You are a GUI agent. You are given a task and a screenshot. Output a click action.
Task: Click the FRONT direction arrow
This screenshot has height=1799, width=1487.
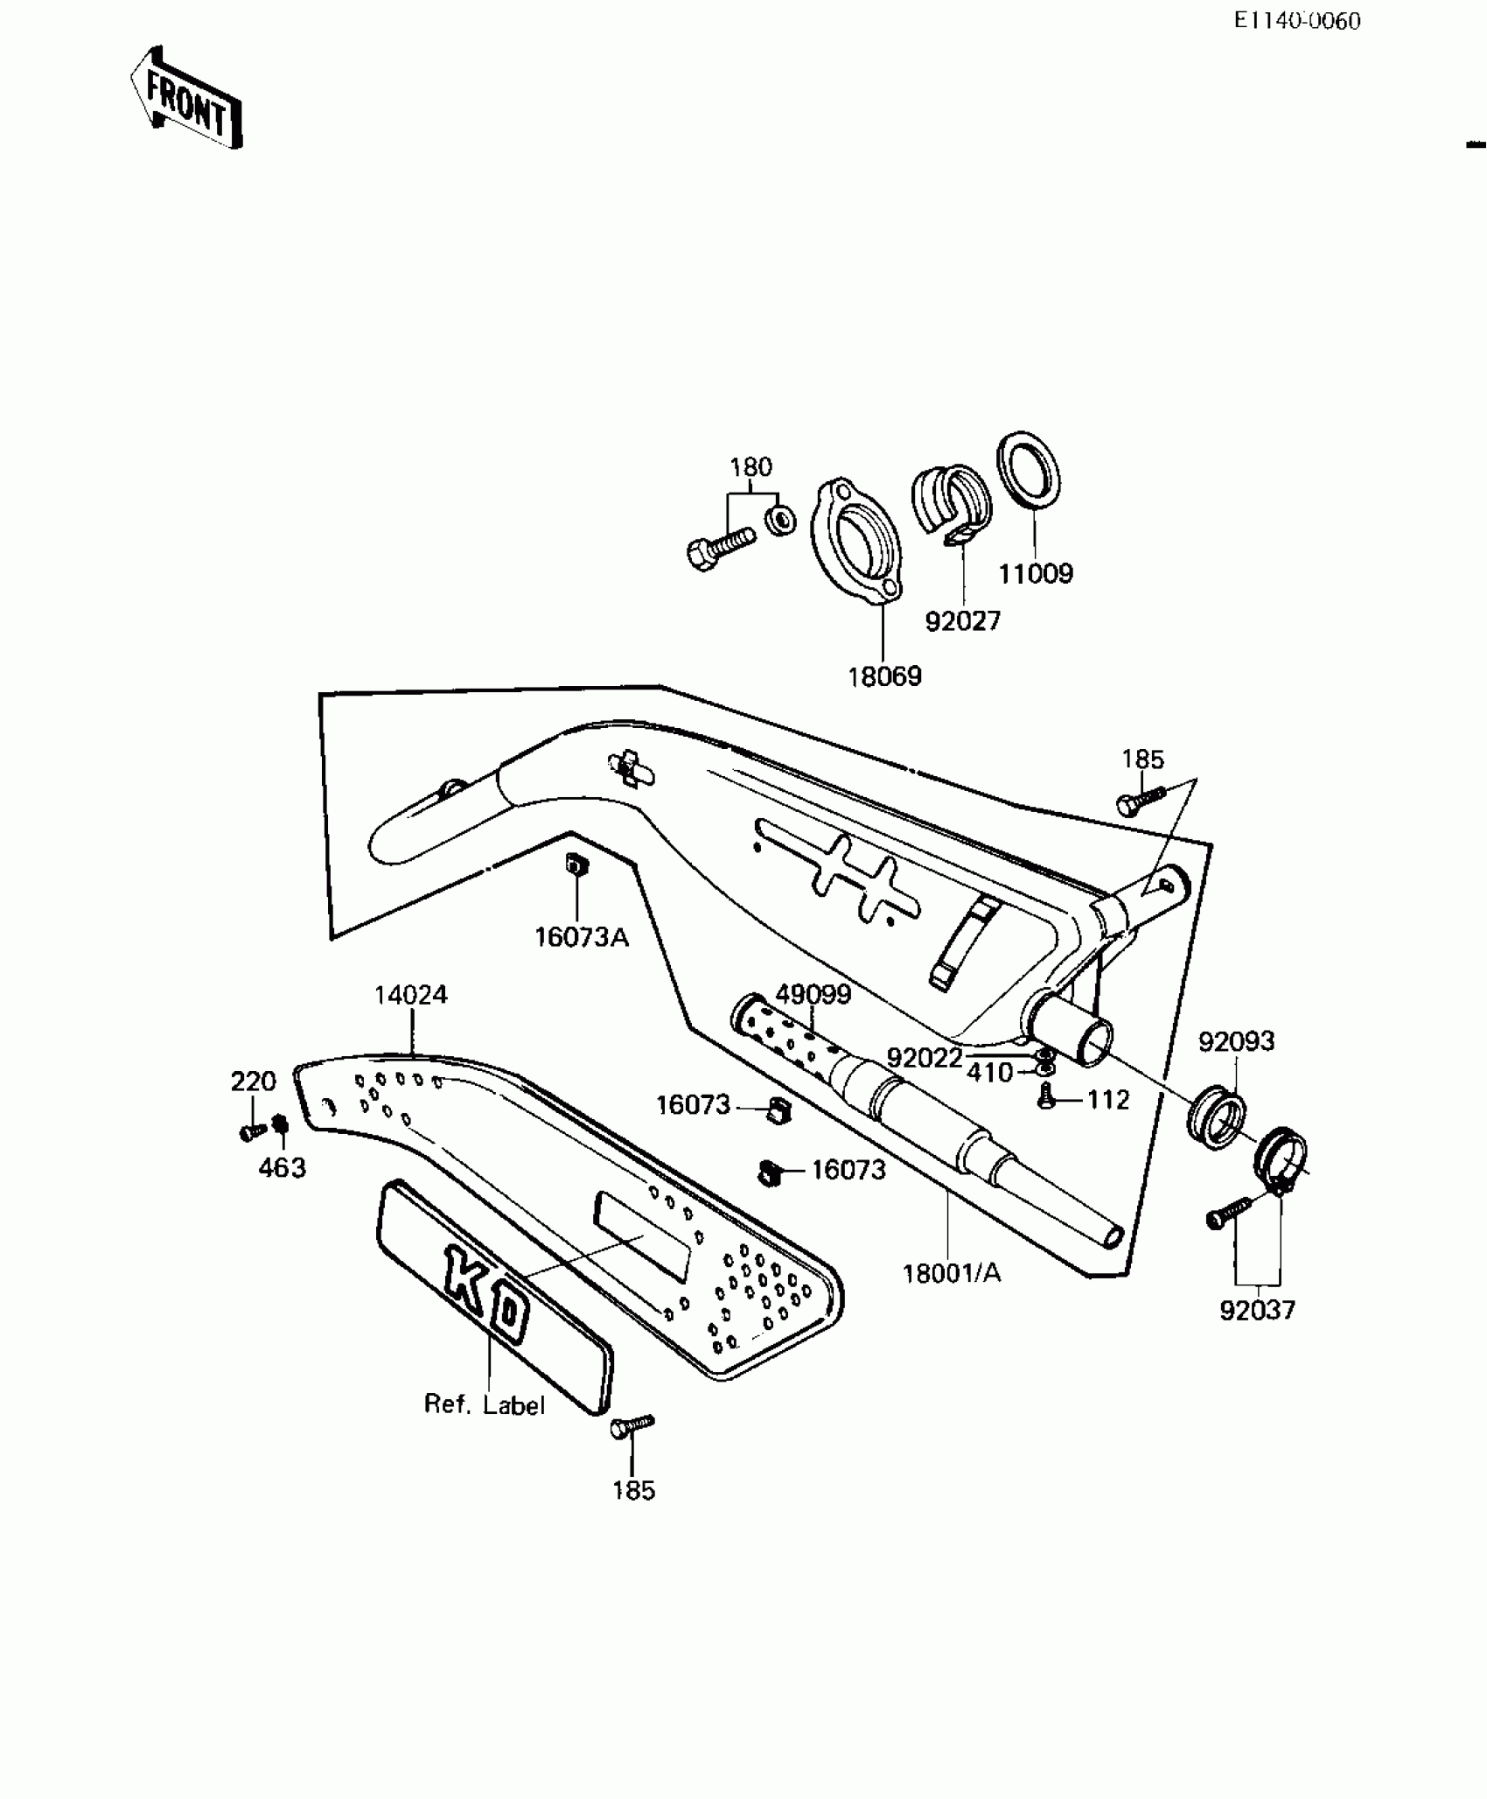pos(186,99)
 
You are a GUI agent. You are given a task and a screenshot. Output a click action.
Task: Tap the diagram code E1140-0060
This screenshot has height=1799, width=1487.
pos(1297,21)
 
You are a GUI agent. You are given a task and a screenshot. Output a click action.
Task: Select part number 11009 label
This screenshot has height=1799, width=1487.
pos(1036,574)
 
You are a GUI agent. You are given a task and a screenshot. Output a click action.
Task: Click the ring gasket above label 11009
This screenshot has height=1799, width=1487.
pos(1030,469)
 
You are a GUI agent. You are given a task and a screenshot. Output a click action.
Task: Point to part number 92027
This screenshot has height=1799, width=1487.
pos(962,621)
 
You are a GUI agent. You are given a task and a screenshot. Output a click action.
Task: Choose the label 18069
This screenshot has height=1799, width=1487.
pos(884,676)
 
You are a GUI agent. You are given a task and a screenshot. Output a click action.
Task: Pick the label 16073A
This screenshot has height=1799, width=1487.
pos(582,938)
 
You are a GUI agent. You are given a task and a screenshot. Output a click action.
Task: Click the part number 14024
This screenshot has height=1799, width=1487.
pos(410,995)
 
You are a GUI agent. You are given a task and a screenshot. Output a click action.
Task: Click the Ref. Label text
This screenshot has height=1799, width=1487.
pos(484,1404)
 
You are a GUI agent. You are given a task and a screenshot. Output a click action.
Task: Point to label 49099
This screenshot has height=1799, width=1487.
pos(813,995)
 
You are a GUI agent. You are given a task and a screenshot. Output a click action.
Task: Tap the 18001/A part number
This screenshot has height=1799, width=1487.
pos(952,1273)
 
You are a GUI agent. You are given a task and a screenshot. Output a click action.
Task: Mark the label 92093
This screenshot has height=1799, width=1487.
pos(1236,1041)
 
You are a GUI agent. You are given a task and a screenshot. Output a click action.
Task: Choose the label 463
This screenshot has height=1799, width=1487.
pos(282,1167)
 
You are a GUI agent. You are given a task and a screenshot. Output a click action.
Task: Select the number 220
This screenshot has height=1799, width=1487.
pos(253,1081)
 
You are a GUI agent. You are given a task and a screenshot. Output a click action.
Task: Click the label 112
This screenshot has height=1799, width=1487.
pos(1108,1100)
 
